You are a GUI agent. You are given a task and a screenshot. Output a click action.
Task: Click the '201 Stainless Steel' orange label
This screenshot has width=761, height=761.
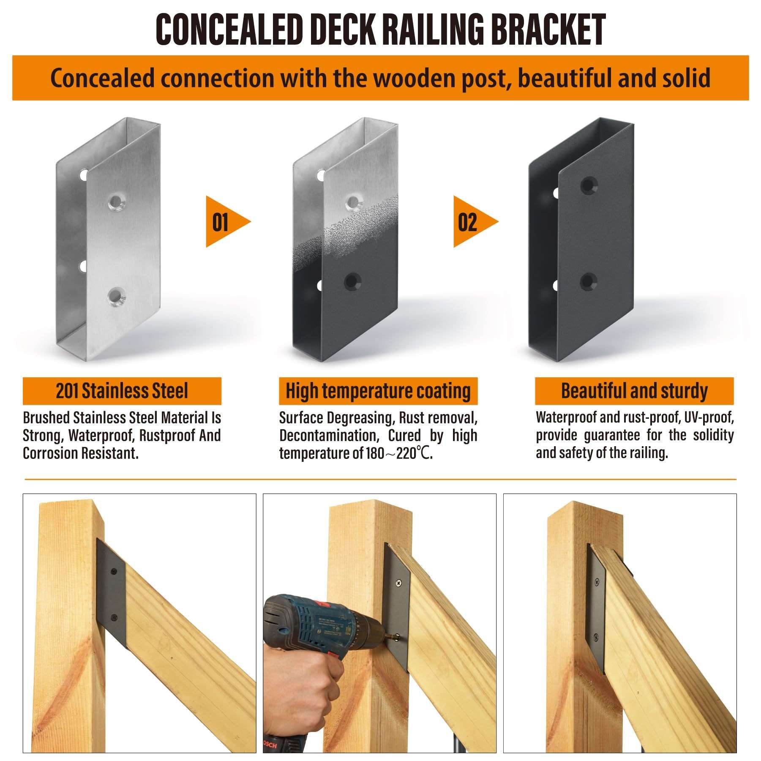(122, 391)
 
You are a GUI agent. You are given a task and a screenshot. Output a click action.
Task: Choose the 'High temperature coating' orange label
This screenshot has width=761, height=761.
(378, 391)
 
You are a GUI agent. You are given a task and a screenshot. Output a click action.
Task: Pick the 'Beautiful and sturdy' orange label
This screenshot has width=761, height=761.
(634, 391)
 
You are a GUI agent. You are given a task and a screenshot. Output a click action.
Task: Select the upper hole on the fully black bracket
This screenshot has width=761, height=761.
(589, 185)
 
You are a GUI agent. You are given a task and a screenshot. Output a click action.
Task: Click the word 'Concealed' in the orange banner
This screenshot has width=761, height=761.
(103, 79)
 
